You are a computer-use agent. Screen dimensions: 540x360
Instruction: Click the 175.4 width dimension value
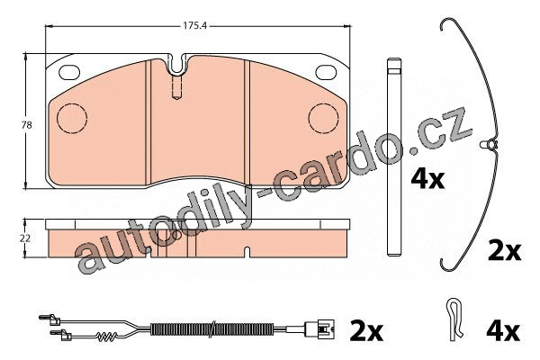(x=194, y=25)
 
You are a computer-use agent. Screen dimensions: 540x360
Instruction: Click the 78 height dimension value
(x=26, y=125)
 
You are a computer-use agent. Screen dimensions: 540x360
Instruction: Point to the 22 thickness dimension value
(x=25, y=238)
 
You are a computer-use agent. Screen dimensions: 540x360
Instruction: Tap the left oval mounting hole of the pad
(x=69, y=72)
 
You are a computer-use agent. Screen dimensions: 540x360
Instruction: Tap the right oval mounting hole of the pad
(x=326, y=72)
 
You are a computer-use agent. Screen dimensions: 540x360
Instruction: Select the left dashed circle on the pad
(x=72, y=118)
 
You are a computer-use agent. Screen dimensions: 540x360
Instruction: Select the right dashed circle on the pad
(x=324, y=118)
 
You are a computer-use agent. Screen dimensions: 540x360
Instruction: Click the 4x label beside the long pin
(x=427, y=178)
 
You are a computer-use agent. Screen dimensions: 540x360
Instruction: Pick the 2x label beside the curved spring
(x=505, y=251)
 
